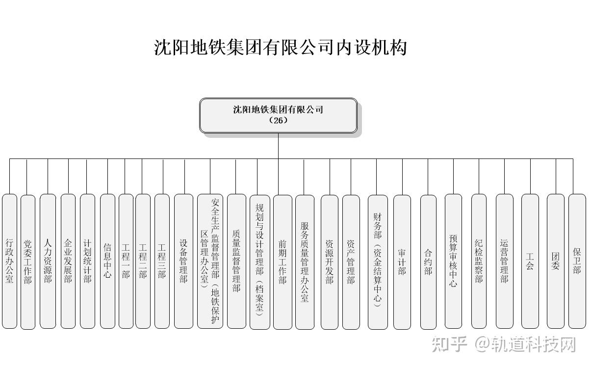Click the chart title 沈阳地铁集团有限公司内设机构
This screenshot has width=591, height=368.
[x=281, y=48]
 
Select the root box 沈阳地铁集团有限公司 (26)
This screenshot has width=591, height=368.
[x=278, y=115]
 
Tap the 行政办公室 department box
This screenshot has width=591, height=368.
[x=9, y=261]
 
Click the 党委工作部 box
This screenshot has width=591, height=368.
[x=28, y=261]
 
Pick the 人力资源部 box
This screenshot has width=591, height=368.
[x=48, y=261]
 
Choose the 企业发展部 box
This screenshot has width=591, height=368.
[x=68, y=261]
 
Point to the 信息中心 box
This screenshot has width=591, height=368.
[x=107, y=261]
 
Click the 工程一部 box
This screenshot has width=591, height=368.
[x=126, y=261]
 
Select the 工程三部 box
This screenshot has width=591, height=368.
[x=162, y=261]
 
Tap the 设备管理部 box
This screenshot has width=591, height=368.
[x=183, y=261]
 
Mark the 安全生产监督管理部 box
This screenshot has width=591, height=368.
[x=210, y=261]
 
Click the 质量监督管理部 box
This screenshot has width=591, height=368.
[x=236, y=261]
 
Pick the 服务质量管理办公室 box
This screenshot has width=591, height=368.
[x=305, y=261]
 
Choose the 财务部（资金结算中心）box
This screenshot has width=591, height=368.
[x=377, y=261]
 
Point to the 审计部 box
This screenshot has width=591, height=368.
[x=402, y=261]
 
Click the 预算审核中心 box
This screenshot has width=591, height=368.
[x=453, y=261]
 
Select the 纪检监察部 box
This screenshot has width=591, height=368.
[x=479, y=261]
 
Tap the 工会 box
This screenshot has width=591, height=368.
[x=530, y=261]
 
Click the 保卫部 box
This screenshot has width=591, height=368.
[x=577, y=261]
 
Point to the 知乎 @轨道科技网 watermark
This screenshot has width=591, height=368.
[x=503, y=344]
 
